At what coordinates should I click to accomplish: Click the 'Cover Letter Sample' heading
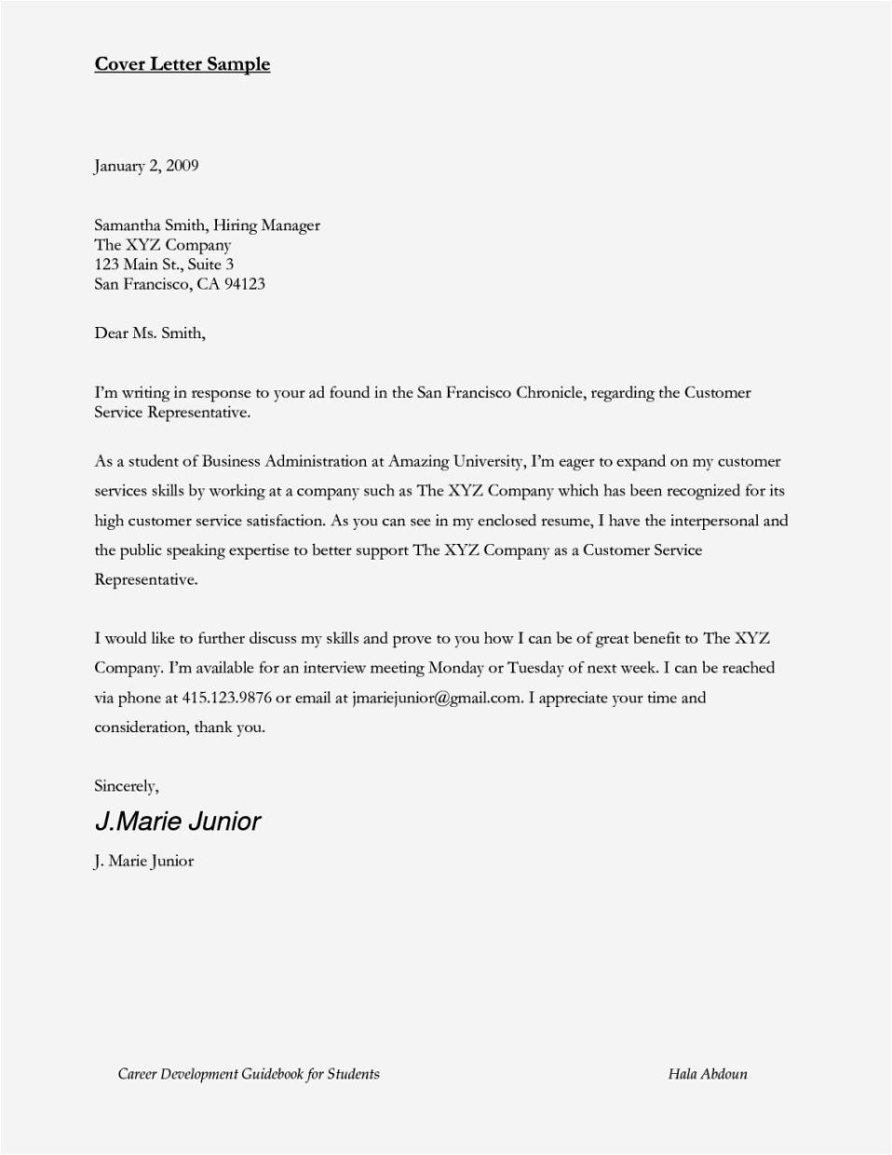182,64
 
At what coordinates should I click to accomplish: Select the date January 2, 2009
146,166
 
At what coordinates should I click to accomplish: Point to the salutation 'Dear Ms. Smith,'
149,333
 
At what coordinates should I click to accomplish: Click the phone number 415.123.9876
232,698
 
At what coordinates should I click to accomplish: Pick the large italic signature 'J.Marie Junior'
178,822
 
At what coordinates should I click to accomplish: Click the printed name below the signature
144,861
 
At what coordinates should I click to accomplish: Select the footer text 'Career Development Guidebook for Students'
249,1074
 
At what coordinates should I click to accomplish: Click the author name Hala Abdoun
707,1074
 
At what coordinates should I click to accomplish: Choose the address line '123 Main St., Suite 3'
164,264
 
